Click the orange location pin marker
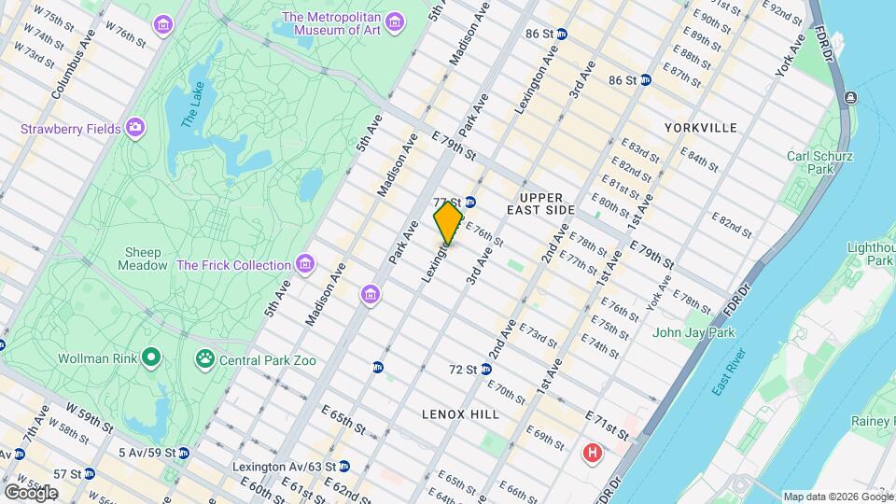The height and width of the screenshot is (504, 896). click(448, 223)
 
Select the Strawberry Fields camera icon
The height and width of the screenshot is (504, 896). click(136, 127)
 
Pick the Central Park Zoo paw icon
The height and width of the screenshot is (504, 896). click(204, 359)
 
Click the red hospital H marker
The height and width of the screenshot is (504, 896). click(591, 455)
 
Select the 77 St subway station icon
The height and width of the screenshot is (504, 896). click(470, 202)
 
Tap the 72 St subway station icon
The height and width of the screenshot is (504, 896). click(486, 370)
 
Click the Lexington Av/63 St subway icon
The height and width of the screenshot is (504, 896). click(344, 466)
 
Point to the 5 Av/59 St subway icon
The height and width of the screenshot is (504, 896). click(184, 454)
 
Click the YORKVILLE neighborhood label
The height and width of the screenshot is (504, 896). click(700, 127)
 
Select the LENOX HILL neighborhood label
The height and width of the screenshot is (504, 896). click(460, 413)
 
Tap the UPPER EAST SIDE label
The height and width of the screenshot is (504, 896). click(547, 204)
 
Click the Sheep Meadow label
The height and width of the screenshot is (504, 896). click(142, 259)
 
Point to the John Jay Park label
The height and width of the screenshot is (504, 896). click(693, 332)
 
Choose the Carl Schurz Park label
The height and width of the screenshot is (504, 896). click(819, 162)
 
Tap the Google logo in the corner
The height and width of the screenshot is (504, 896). click(31, 492)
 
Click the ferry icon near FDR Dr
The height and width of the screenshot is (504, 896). click(850, 98)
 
